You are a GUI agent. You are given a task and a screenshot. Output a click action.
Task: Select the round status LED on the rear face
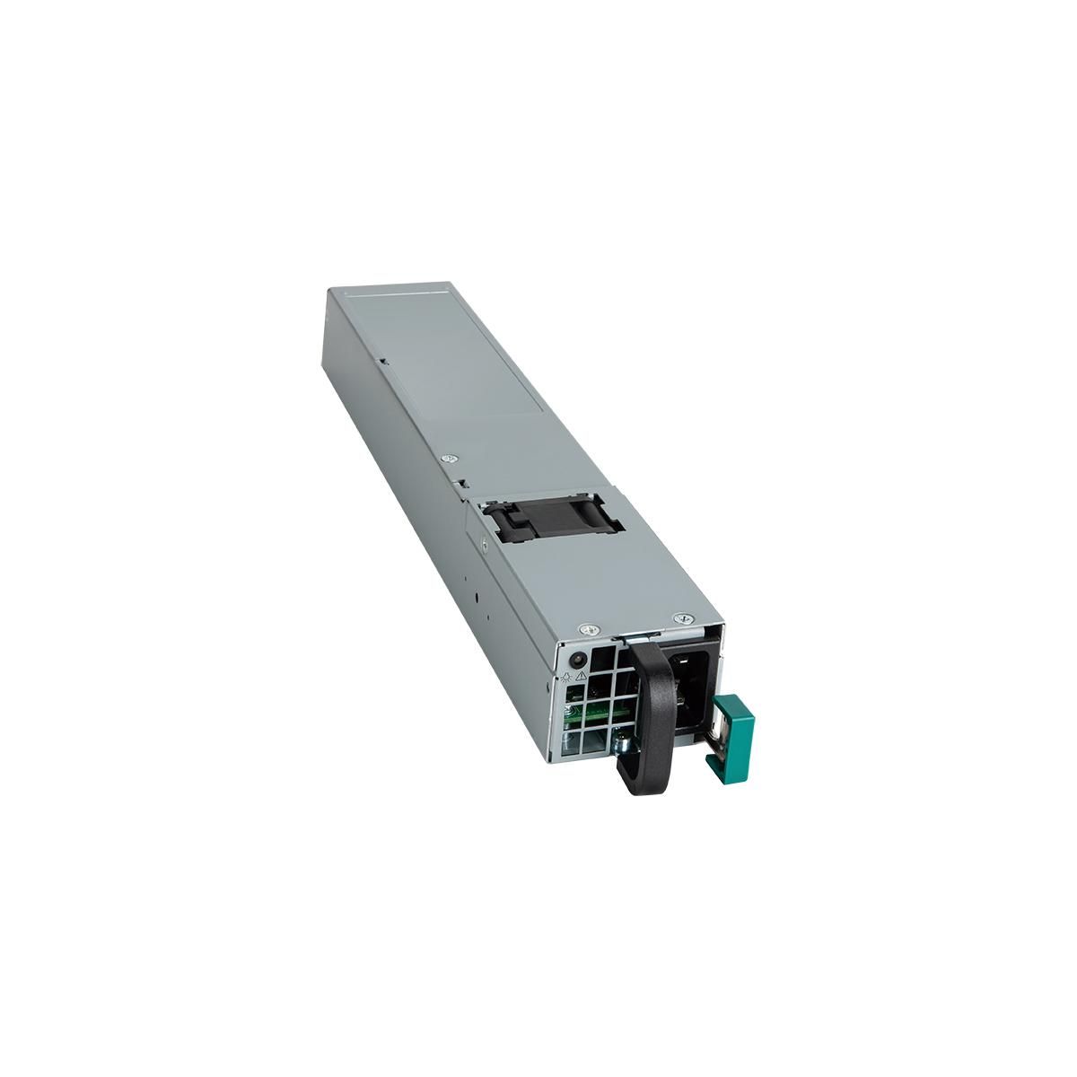pos(579,659)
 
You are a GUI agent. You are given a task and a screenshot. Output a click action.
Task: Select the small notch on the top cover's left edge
pos(383,363)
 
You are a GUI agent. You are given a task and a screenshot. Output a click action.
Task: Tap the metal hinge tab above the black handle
pos(633,635)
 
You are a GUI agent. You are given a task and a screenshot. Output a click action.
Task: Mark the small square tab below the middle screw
pos(460,485)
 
